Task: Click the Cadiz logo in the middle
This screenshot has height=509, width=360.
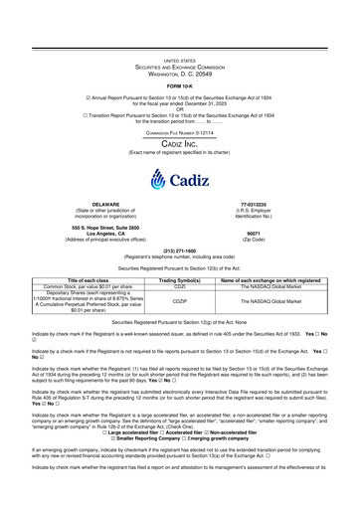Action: click(179, 182)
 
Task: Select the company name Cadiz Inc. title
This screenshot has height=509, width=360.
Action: click(179, 143)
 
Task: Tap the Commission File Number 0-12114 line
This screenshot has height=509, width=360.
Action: click(179, 131)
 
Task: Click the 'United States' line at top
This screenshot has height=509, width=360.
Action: click(179, 32)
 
